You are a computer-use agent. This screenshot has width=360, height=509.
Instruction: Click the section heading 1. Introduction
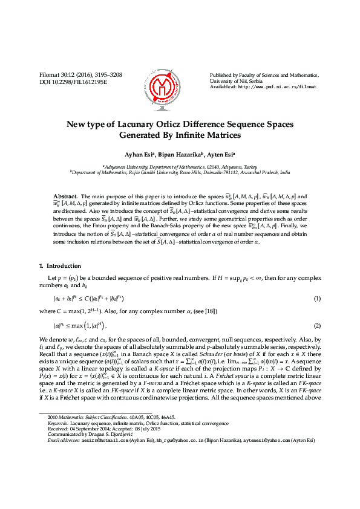[60, 266]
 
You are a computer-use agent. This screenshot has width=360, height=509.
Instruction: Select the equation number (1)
[317, 299]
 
